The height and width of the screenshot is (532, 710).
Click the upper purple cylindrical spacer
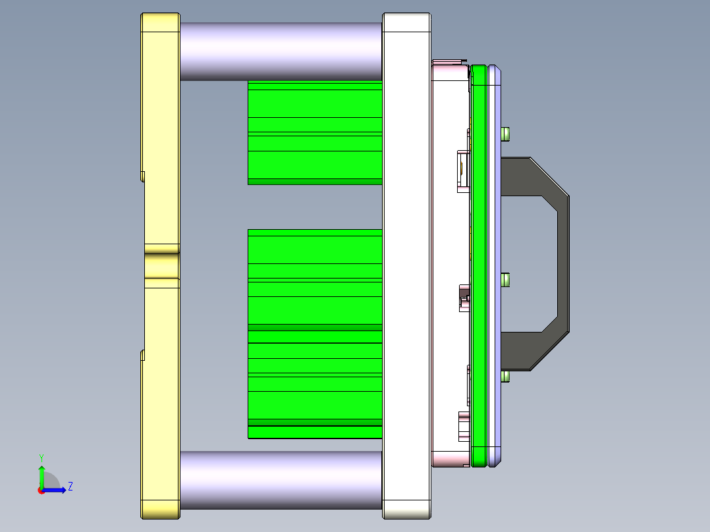[x=280, y=51]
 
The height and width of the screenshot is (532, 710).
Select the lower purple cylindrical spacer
[x=280, y=480]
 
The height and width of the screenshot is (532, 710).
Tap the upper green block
[x=315, y=132]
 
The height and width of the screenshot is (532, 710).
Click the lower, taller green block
[x=315, y=332]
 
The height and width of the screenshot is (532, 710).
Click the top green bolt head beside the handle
[x=506, y=134]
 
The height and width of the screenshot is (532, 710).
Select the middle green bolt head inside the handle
[x=506, y=280]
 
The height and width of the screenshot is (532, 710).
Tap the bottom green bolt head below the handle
[x=506, y=376]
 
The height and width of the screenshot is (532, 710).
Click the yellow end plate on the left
[x=160, y=132]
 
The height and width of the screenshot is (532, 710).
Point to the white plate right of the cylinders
[x=406, y=263]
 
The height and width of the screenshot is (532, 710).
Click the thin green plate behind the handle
[x=479, y=263]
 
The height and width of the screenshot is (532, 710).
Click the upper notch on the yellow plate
[x=142, y=175]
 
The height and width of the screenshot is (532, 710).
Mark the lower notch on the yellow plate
[x=142, y=355]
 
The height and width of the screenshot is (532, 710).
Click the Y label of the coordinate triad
[x=41, y=457]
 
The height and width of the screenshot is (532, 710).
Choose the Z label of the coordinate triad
[x=70, y=487]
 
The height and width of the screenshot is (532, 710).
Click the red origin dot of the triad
[x=41, y=491]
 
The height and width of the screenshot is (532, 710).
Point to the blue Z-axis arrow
[x=57, y=490]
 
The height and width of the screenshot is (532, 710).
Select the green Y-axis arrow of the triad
[x=41, y=476]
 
